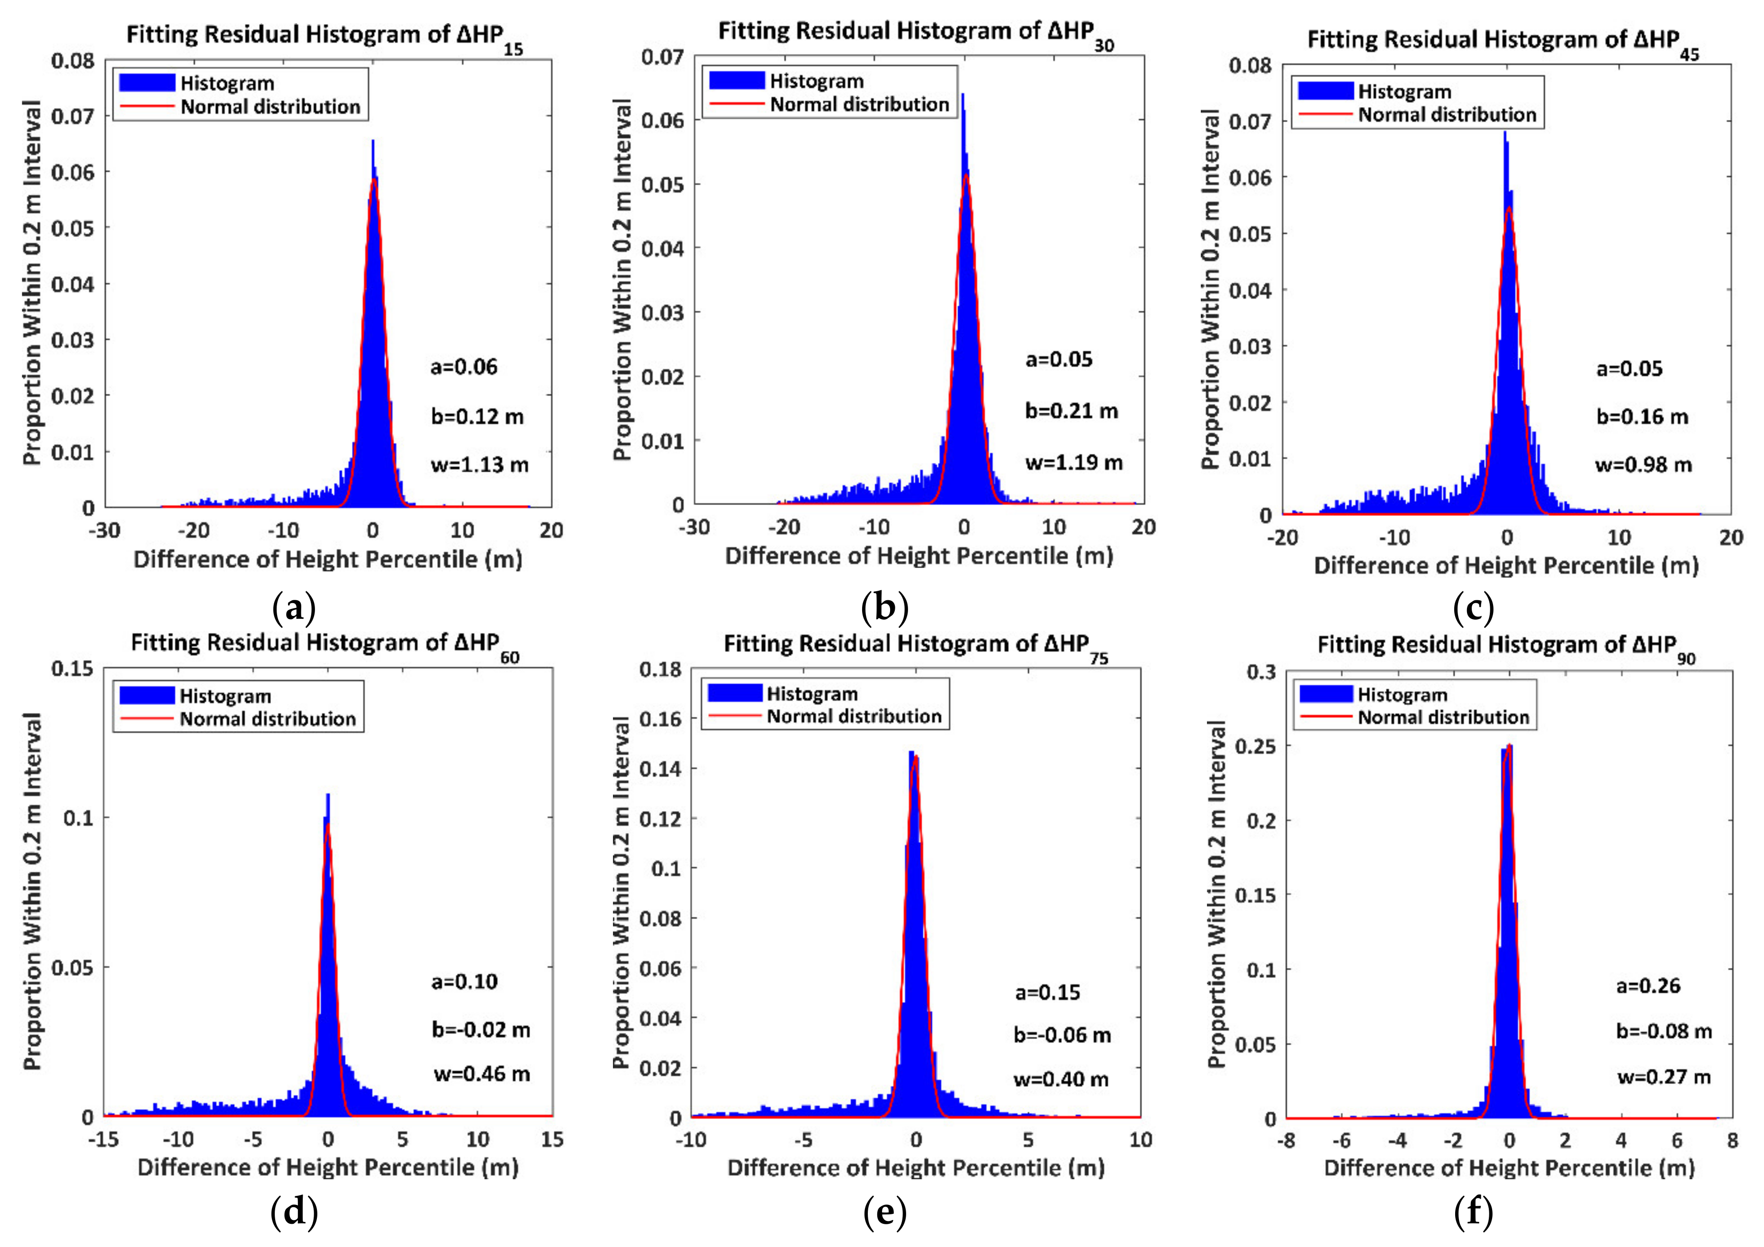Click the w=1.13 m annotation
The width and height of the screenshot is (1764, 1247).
point(479,465)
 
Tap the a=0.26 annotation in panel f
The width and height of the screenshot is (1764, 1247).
point(1648,986)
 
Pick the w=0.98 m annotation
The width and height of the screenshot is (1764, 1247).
point(1643,465)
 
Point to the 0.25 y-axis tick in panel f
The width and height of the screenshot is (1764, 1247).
point(1255,746)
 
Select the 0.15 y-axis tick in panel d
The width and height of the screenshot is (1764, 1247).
point(72,669)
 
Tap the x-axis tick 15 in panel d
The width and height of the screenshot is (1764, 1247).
point(552,1139)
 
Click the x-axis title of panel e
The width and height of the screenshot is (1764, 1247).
point(916,1169)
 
